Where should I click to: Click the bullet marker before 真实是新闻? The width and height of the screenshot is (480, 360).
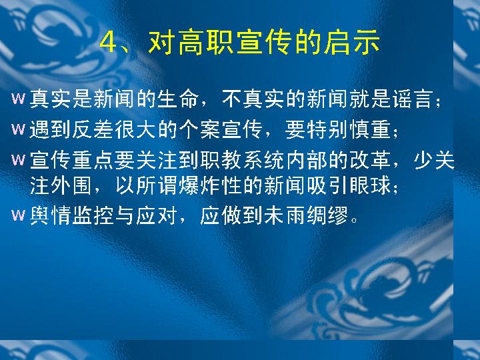point(18,99)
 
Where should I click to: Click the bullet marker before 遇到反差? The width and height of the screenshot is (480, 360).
point(18,129)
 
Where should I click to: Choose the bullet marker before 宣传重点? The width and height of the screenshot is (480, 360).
point(18,160)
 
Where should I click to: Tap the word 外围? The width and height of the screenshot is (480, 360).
point(71,185)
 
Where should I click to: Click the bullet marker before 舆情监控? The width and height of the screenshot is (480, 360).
point(18,215)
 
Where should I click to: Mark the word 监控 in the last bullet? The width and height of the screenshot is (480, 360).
point(93,215)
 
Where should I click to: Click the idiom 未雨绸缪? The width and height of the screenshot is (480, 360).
point(307,215)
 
